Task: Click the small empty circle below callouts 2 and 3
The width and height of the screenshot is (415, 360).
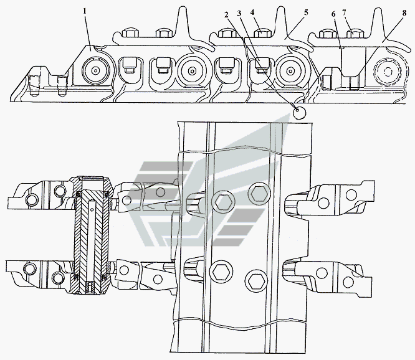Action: [x=300, y=112]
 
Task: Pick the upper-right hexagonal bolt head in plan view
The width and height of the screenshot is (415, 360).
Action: [x=258, y=193]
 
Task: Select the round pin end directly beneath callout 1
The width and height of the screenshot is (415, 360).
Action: [x=96, y=71]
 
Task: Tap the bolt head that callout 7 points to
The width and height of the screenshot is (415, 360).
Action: [x=354, y=34]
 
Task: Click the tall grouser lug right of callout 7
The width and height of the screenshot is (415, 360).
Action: [x=379, y=25]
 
